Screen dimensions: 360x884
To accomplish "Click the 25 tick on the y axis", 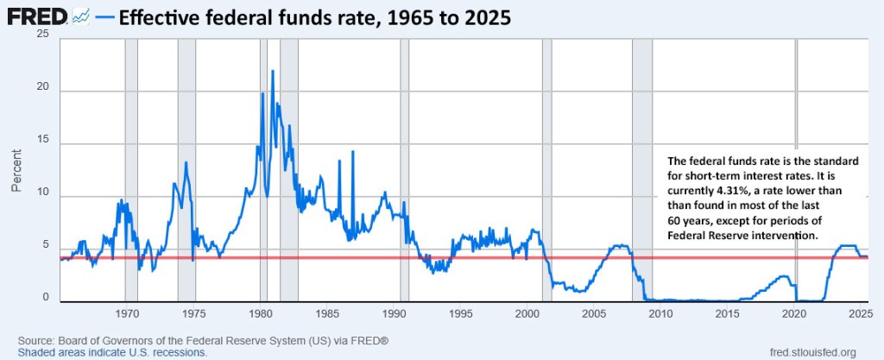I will pos(42,35).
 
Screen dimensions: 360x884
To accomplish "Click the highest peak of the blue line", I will pos(273,72).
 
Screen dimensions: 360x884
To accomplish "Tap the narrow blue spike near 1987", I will pos(352,153).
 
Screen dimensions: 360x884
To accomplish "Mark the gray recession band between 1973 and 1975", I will pos(186,173).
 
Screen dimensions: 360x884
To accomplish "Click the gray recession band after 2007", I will pos(642,173).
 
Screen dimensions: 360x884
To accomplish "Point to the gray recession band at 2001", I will pos(546,173).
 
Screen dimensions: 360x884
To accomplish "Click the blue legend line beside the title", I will pos(104,16).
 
